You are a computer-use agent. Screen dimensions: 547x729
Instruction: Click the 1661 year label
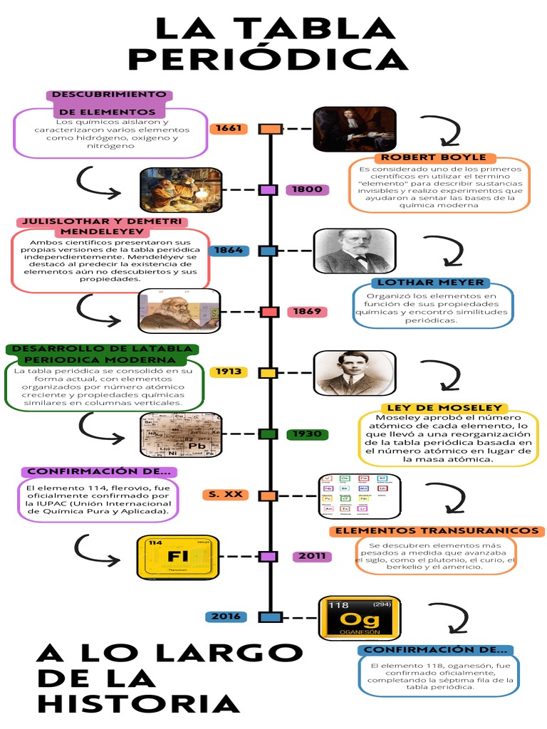coord(229,129)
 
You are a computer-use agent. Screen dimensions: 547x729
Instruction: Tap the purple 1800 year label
coord(308,190)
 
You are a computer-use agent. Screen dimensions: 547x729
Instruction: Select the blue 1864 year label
coord(229,251)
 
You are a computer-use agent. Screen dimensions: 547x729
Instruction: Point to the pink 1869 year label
coord(308,312)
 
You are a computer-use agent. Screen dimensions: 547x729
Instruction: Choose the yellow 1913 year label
coord(229,372)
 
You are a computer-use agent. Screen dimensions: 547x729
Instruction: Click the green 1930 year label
coord(308,434)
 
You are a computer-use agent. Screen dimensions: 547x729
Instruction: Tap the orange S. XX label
coord(224,495)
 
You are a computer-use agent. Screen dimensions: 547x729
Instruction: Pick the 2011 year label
coord(312,556)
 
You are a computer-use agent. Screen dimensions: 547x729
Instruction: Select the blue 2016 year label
coord(226,617)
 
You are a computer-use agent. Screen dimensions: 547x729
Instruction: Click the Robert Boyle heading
coord(434,157)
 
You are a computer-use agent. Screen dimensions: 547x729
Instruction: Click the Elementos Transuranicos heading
coord(437,531)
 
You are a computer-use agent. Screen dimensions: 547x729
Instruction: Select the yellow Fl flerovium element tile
coord(177,556)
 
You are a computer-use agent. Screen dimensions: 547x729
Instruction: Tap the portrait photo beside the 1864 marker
coord(354,251)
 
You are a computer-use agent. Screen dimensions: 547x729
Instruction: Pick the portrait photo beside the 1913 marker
coord(354,372)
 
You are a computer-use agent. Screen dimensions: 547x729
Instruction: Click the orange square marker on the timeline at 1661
coord(271,129)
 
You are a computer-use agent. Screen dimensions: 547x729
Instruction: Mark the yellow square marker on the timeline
coord(268,372)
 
